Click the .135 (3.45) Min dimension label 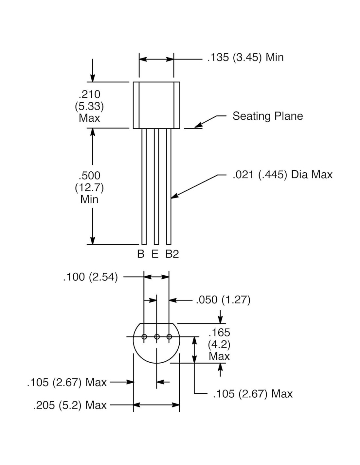point(245,58)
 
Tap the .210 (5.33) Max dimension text point(89,106)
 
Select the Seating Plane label point(267,116)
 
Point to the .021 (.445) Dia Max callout point(282,175)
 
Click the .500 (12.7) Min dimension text point(89,187)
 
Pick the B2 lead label point(172,254)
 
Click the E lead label point(155,254)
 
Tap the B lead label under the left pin point(141,254)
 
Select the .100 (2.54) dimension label point(90,277)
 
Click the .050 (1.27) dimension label point(223,300)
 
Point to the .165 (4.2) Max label point(219,344)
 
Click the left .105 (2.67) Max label point(67,382)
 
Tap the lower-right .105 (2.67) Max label point(253,394)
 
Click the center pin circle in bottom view point(157,336)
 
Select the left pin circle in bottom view point(144,336)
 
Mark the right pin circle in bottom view point(169,336)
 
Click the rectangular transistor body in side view point(156,105)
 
